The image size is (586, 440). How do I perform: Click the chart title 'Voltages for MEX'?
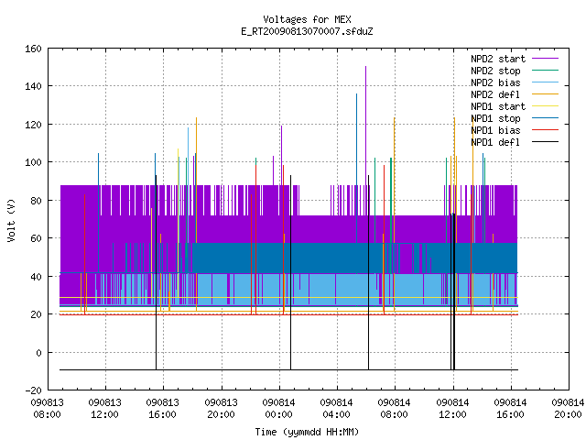coord(307,19)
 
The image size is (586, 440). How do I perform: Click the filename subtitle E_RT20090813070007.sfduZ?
coord(307,31)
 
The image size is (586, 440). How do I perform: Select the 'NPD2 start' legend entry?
coord(515,59)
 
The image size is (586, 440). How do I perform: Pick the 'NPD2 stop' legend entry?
coord(515,71)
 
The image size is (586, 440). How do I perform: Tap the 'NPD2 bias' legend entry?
coord(515,82)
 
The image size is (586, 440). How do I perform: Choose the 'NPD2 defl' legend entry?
coord(515,94)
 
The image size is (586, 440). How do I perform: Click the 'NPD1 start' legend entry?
coord(515,106)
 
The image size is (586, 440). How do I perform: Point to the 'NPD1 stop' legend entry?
coord(515,118)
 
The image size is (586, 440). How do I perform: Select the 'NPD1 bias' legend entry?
coord(515,130)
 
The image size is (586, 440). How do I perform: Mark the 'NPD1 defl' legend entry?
coord(515,143)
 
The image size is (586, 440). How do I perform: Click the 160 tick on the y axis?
coord(33,49)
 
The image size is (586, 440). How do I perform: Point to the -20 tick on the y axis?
coord(33,390)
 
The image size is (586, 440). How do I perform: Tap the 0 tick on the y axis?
coord(38,353)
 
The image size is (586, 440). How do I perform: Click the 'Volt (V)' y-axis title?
coord(12,220)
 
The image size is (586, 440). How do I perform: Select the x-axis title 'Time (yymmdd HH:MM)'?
coord(307,432)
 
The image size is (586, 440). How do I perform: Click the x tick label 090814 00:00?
coord(278,409)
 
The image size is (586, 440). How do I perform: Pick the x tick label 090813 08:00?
coord(47,409)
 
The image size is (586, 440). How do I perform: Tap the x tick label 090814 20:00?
coord(568,409)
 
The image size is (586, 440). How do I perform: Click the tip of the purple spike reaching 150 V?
coord(366,67)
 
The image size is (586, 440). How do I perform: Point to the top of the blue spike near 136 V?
coord(356,93)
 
